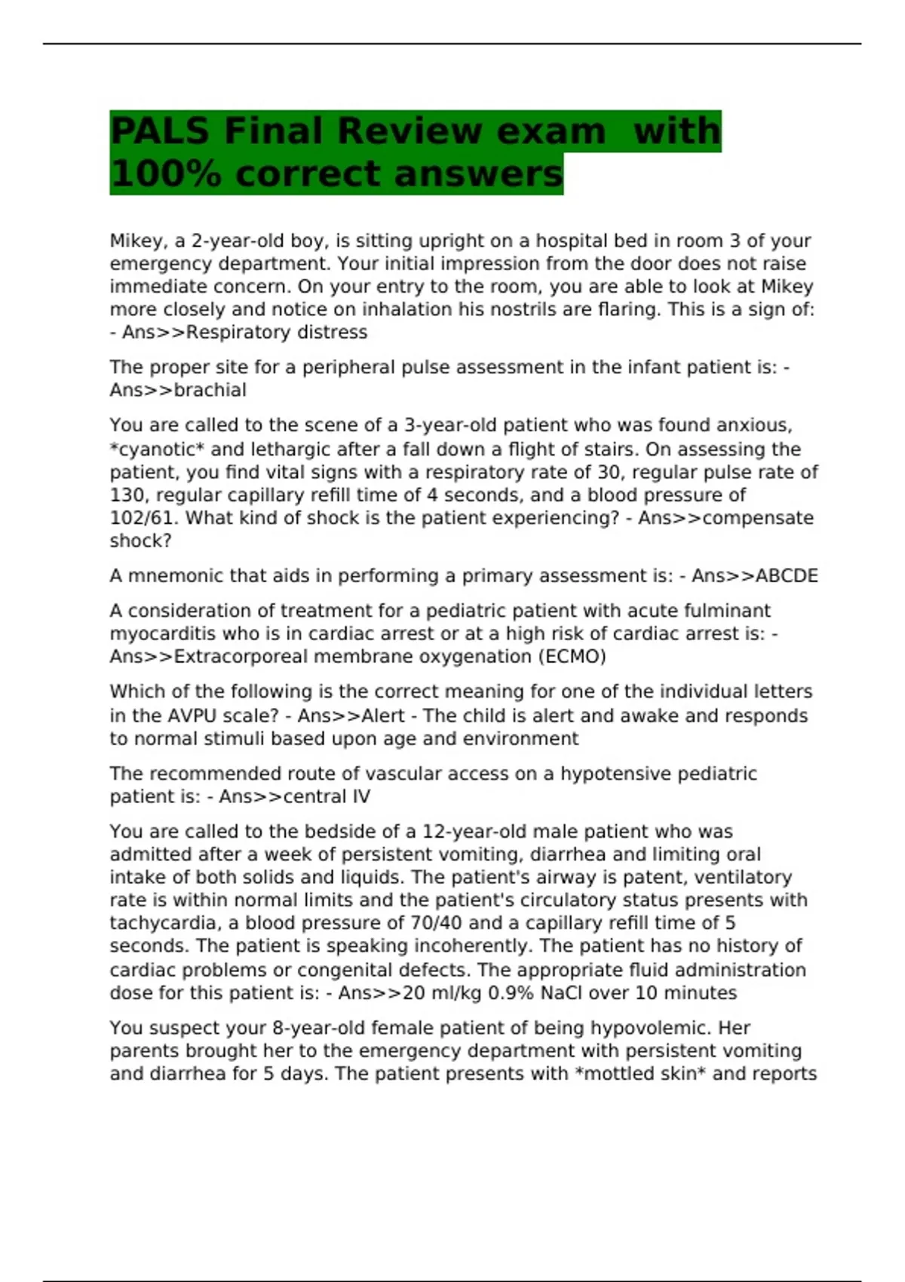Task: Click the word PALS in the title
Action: (x=159, y=131)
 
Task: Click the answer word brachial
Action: (x=210, y=391)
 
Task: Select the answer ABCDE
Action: (x=787, y=576)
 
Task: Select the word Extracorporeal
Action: (x=241, y=657)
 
